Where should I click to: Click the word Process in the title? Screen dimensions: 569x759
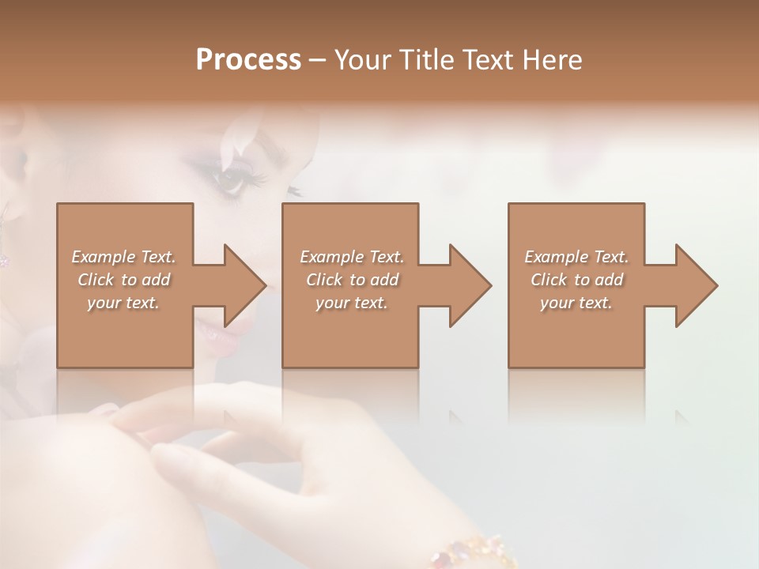tap(248, 60)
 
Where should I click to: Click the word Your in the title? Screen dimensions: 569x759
tap(363, 60)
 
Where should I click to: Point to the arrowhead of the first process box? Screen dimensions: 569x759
tap(245, 285)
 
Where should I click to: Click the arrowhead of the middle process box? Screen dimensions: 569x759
tap(470, 285)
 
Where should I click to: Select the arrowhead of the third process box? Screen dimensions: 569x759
tap(696, 285)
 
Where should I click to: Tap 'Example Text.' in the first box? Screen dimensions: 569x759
tap(124, 257)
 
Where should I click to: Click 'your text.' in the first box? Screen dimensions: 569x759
tap(124, 303)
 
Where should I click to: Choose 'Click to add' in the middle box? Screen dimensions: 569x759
tap(352, 280)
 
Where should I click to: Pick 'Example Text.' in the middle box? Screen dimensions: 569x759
tap(352, 257)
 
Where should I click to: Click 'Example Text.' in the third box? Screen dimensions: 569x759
tap(576, 257)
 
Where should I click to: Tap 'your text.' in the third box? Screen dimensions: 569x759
tap(576, 303)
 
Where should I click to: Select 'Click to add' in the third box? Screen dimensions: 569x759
tap(576, 280)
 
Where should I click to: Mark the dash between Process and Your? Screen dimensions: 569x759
tap(318, 61)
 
